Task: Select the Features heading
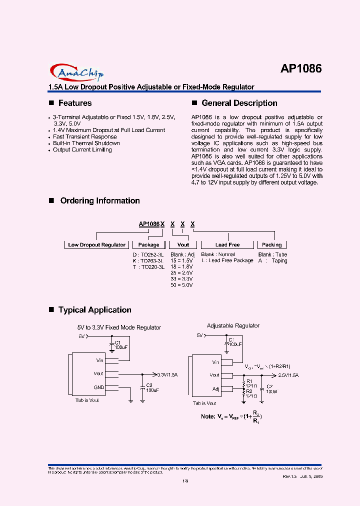point(75,103)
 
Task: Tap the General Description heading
point(239,103)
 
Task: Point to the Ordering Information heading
point(99,200)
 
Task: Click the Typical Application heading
point(94,310)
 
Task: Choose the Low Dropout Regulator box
point(97,245)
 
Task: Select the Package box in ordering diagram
point(148,245)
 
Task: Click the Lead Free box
point(227,245)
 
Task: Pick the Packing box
point(272,245)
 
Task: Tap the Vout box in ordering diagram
point(183,245)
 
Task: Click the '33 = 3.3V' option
point(181,279)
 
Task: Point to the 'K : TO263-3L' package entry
point(148,260)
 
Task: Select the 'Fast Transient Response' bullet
point(85,136)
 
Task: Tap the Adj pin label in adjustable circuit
point(215,388)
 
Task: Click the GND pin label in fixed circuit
point(99,387)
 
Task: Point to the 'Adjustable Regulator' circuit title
point(233,325)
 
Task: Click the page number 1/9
point(184,481)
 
